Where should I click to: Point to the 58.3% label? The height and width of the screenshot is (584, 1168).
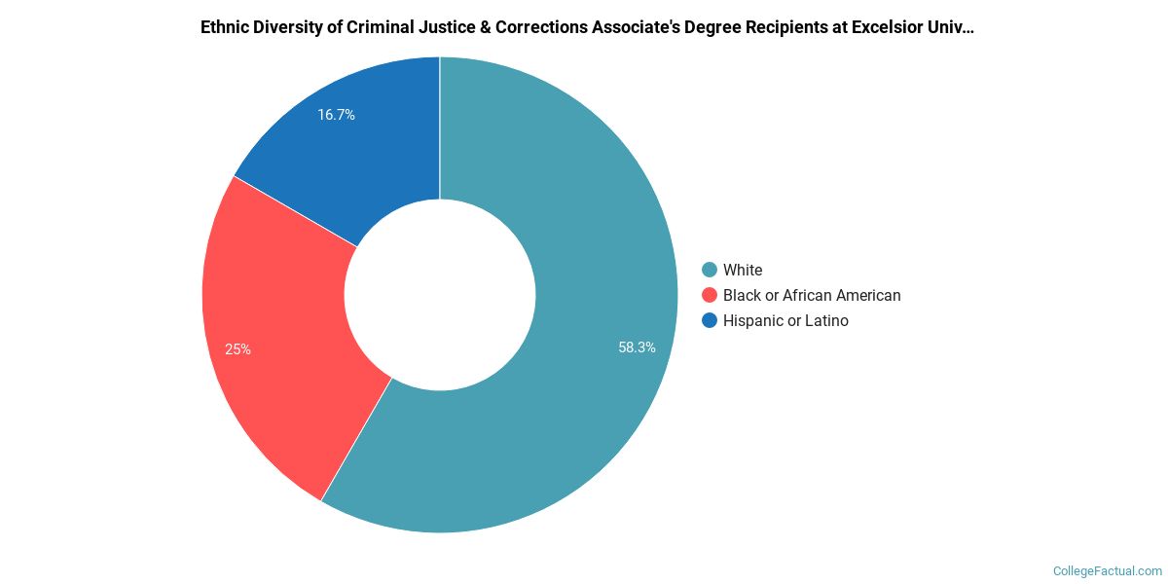637,347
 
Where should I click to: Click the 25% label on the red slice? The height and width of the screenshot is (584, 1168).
237,348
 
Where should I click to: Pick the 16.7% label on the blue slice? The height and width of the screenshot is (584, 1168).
336,115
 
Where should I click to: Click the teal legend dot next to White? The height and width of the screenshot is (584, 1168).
710,270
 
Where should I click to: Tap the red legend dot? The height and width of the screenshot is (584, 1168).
710,295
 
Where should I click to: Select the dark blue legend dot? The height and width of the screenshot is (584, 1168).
710,320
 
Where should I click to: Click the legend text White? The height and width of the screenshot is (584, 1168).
743,270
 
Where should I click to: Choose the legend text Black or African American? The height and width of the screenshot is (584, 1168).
812,295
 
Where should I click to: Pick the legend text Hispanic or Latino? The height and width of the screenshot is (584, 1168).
785,320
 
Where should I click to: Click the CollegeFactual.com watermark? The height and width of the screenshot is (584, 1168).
1108,570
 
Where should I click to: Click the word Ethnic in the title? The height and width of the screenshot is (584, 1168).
226,27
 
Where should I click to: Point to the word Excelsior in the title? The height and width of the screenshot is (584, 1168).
888,27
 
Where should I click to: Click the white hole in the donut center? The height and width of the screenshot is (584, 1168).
440,295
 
